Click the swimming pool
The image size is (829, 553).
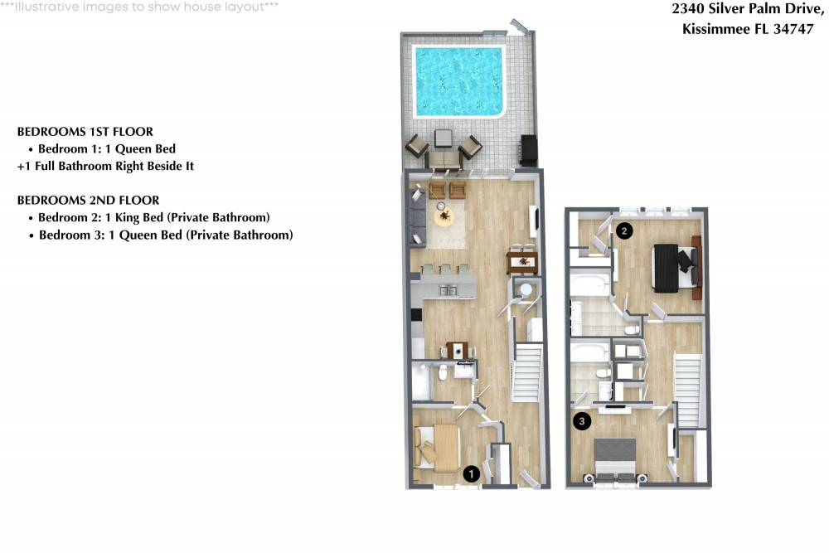tap(458, 80)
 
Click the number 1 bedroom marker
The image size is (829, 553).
tap(472, 473)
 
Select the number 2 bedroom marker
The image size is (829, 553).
tap(624, 231)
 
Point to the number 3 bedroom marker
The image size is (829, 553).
tap(583, 422)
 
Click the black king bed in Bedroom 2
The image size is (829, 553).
tap(670, 267)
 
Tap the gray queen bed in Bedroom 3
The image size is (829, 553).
tap(615, 459)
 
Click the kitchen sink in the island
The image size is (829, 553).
tap(448, 290)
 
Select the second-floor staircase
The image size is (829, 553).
tap(688, 379)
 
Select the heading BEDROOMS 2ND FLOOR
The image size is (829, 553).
tap(88, 201)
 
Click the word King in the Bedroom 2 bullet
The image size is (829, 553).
tap(133, 218)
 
